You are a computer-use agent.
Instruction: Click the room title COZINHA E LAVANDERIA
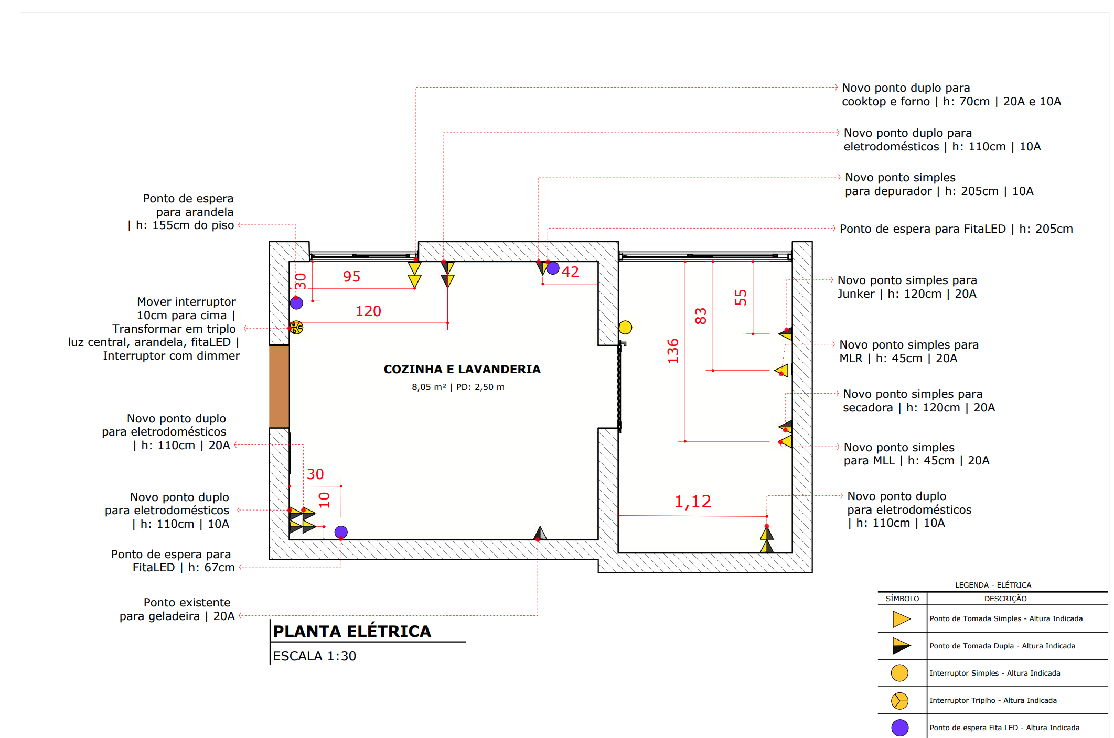(x=462, y=369)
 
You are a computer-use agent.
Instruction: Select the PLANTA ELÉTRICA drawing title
(x=352, y=631)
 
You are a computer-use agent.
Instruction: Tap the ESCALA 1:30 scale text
(x=314, y=656)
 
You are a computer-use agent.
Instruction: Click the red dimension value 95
(x=351, y=276)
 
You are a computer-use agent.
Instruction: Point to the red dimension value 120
(x=368, y=311)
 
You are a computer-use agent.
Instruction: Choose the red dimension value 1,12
(x=692, y=501)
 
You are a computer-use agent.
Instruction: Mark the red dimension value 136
(x=673, y=351)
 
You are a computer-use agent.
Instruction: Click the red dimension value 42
(x=570, y=272)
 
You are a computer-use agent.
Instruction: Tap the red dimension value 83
(x=701, y=316)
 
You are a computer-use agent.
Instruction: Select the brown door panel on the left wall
(x=279, y=387)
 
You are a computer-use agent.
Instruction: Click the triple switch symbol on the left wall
(x=296, y=328)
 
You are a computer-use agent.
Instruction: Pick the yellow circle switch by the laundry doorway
(x=625, y=328)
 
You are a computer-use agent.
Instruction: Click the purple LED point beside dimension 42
(x=553, y=268)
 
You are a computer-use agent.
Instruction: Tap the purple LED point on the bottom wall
(x=341, y=532)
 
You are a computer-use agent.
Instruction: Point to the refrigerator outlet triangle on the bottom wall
(x=540, y=534)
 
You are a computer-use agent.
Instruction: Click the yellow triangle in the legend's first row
(x=901, y=619)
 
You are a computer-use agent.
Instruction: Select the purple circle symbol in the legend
(x=900, y=728)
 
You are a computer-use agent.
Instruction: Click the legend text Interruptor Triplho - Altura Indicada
(x=993, y=700)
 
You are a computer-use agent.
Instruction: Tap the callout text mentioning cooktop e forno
(x=951, y=94)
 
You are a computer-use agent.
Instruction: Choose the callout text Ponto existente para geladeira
(x=177, y=609)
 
